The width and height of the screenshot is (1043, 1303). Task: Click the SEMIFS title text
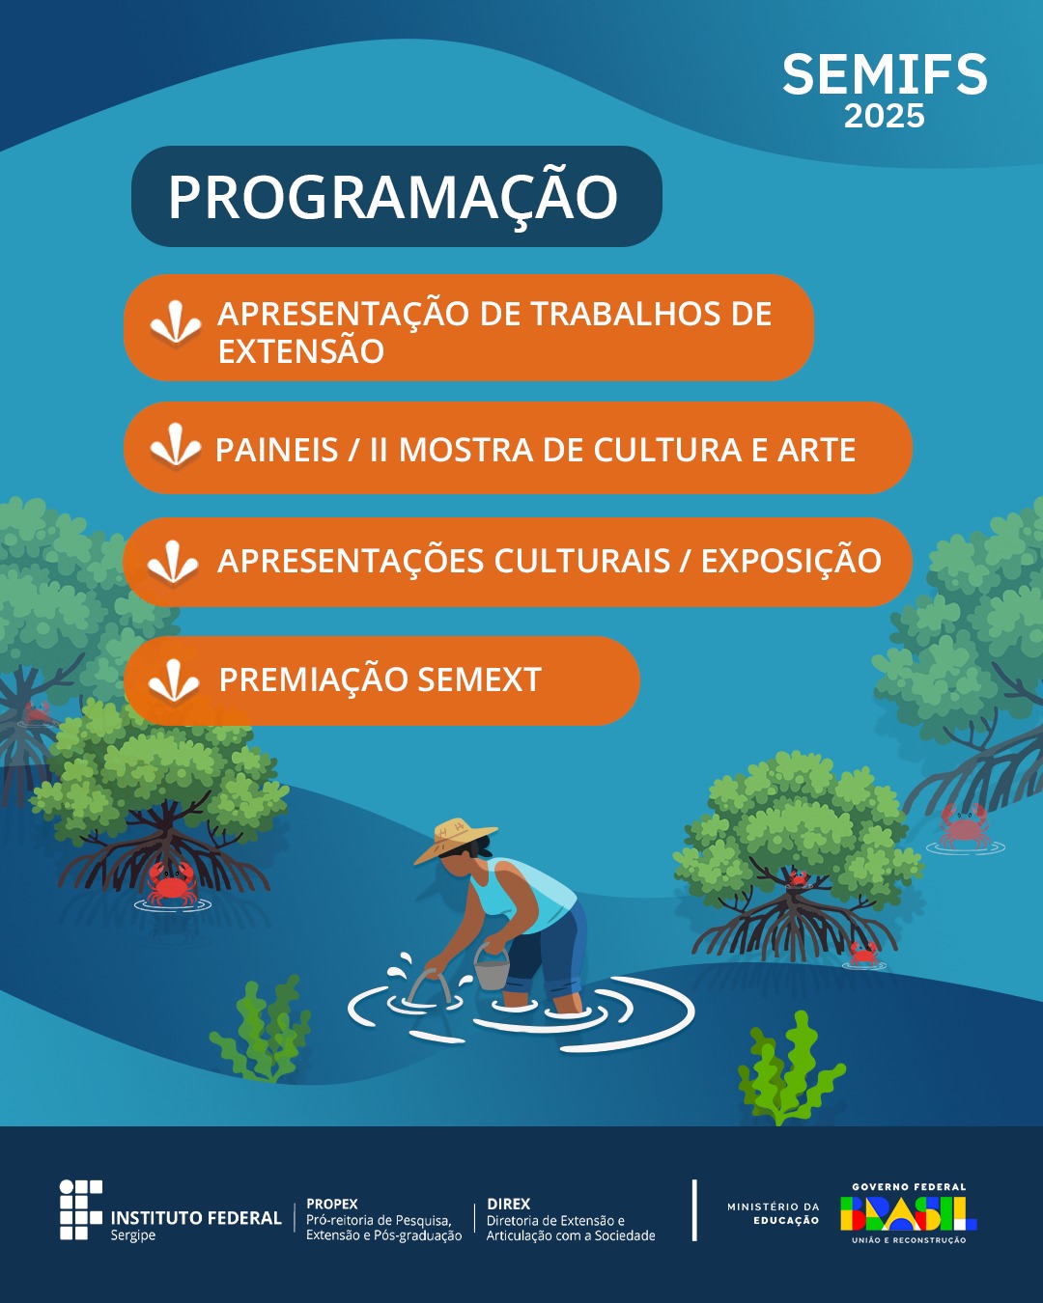pyautogui.click(x=885, y=74)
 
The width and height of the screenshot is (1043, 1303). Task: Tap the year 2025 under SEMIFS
pyautogui.click(x=885, y=116)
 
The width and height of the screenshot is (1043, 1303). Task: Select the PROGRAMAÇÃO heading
pyautogui.click(x=393, y=197)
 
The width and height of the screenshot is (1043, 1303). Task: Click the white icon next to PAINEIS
pyautogui.click(x=175, y=446)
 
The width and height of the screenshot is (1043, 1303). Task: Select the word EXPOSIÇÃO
pyautogui.click(x=791, y=561)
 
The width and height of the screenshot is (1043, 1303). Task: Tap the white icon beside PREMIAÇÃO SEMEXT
pyautogui.click(x=174, y=680)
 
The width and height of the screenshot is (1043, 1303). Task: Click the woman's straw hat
pyautogui.click(x=454, y=839)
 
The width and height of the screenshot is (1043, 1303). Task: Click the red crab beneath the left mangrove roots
pyautogui.click(x=172, y=883)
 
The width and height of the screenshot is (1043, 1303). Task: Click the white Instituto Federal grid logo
pyautogui.click(x=81, y=1209)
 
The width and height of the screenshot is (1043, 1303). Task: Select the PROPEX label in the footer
pyautogui.click(x=331, y=1204)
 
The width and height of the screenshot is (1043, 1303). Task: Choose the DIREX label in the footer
pyautogui.click(x=508, y=1204)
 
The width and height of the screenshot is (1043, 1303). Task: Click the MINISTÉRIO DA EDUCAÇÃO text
pyautogui.click(x=773, y=1213)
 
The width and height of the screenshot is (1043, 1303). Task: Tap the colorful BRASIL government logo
pyautogui.click(x=908, y=1213)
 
